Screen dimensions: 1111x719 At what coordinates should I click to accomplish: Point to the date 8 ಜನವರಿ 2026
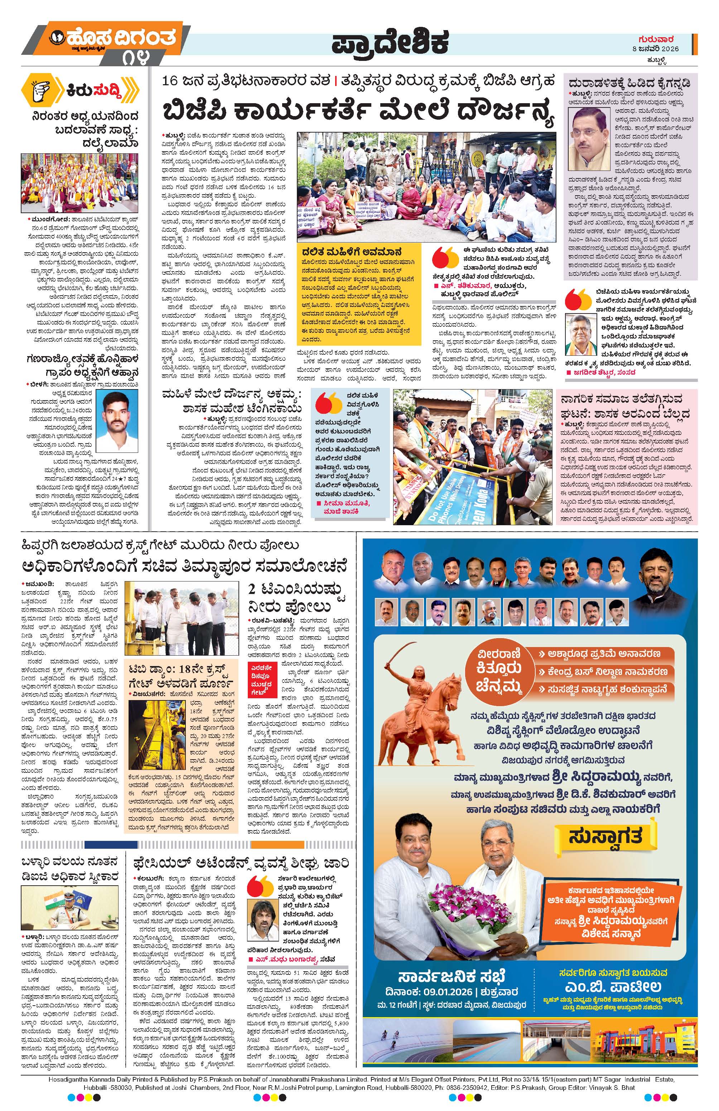tap(655, 49)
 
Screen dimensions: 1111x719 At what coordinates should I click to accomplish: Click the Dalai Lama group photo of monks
tap(80, 182)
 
